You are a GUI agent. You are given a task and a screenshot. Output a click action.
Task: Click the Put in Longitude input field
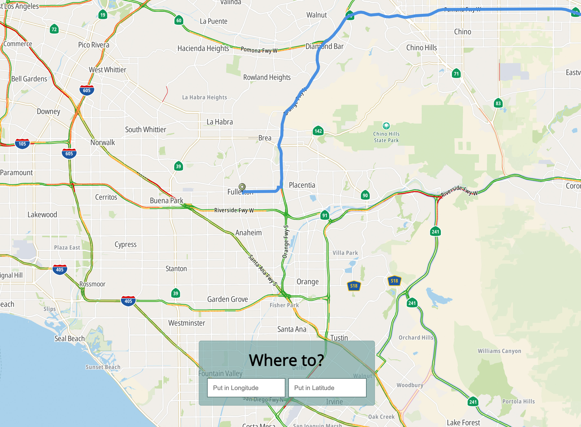pos(246,388)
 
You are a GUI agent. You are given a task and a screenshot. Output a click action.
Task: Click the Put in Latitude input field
pos(327,388)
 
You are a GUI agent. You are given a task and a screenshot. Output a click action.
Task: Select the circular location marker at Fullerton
pos(242,187)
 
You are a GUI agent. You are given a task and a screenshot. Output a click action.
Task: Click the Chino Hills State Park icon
pos(386,126)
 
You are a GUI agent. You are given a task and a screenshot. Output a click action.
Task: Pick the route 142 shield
pos(318,131)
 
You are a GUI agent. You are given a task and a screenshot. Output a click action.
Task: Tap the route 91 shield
pos(325,215)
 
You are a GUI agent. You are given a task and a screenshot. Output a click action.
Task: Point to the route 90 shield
pos(365,195)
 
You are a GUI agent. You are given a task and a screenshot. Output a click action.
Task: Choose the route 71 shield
pos(456,74)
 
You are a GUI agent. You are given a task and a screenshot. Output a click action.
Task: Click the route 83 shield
pos(498,103)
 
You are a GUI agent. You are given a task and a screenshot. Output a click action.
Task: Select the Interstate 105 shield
pos(22,144)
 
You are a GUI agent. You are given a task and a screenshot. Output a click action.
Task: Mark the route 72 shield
pos(54,29)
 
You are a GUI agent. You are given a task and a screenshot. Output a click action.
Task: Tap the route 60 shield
pos(179,20)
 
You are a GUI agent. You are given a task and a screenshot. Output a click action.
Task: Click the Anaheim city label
pos(249,233)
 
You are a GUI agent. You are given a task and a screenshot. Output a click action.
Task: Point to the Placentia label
pos(302,185)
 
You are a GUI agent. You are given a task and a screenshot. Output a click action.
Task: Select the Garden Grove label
pos(228,299)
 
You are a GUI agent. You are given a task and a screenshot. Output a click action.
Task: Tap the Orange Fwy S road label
pos(286,242)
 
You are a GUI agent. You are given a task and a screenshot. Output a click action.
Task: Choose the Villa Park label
pos(345,253)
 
